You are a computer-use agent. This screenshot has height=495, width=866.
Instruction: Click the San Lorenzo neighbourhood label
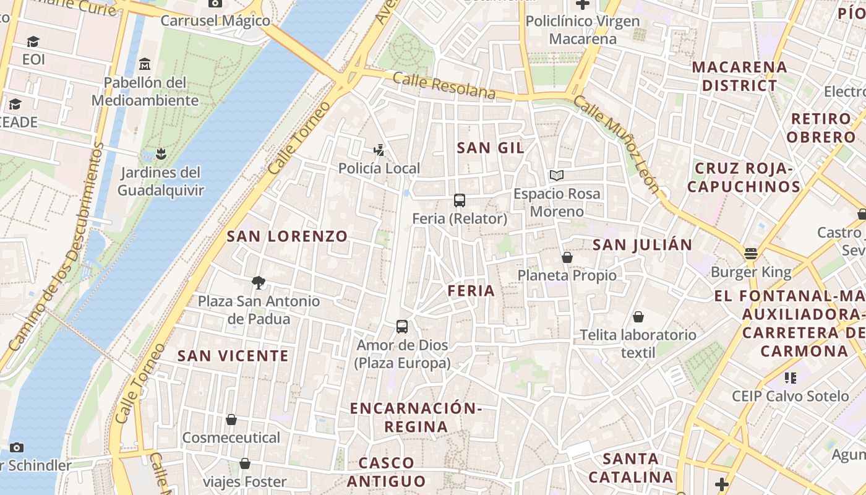287,236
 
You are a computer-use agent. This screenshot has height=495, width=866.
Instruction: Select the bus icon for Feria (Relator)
459,200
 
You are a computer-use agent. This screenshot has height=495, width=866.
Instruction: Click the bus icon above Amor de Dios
402,327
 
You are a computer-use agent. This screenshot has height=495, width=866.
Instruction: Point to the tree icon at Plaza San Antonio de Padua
259,283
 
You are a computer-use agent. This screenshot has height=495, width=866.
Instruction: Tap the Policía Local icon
379,150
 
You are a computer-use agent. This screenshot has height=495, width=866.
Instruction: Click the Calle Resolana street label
444,85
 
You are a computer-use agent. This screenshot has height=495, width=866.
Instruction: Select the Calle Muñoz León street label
615,144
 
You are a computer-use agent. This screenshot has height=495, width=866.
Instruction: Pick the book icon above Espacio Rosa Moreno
557,176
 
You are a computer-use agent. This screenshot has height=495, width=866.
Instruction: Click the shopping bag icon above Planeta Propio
567,257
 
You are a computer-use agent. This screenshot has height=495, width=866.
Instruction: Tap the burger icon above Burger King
751,254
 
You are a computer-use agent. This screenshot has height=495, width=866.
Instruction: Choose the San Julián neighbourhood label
642,244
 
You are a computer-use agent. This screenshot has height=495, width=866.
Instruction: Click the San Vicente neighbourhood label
233,355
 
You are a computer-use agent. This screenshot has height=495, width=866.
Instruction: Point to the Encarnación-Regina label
415,417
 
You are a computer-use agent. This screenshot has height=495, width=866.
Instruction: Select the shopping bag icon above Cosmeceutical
231,420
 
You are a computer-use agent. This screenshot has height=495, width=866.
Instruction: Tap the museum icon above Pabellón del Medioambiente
145,64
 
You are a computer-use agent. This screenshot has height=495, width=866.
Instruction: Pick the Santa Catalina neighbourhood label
630,468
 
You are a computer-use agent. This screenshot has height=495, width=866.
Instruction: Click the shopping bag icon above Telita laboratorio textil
638,317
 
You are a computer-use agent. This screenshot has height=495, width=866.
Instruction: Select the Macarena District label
739,75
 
